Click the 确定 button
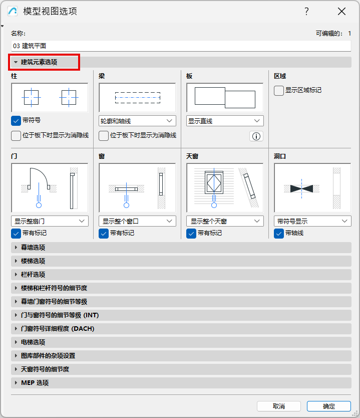(x=329, y=406)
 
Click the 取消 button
(x=279, y=406)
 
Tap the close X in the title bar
(x=341, y=12)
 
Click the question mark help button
(x=307, y=12)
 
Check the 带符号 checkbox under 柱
(x=16, y=121)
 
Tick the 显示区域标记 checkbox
(x=279, y=91)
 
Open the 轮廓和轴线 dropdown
(x=137, y=121)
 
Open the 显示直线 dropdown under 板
(x=225, y=121)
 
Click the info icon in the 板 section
(x=256, y=136)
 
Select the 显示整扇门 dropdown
(x=50, y=221)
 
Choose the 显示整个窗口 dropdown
(x=137, y=221)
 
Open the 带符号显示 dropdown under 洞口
(x=312, y=221)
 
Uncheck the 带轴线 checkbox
(x=279, y=234)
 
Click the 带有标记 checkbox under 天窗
(x=191, y=234)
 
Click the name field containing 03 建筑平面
(x=181, y=46)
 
